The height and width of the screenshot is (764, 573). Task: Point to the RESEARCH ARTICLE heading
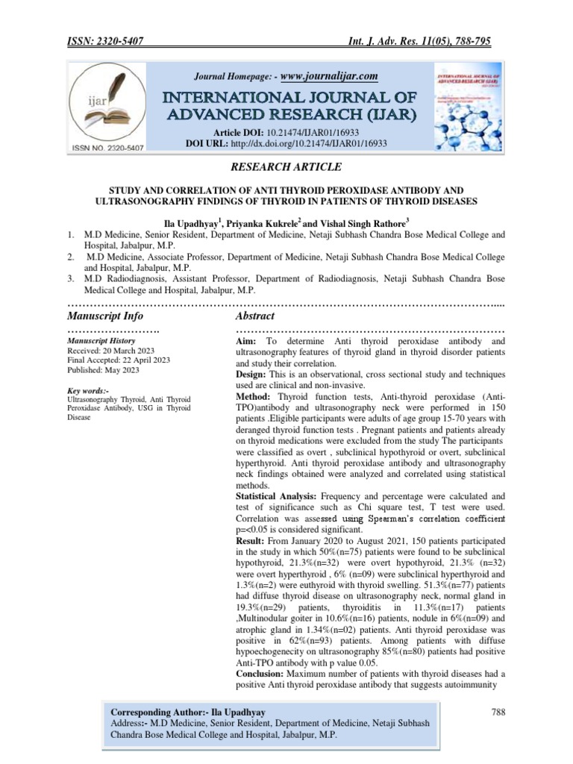pos(286,176)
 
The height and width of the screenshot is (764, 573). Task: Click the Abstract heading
pos(257,316)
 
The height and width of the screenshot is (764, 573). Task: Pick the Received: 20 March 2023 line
pos(111,350)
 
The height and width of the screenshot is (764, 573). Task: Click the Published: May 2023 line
pos(102,369)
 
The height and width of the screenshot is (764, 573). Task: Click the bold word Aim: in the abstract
pos(249,341)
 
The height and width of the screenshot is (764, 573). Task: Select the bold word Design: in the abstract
pos(254,372)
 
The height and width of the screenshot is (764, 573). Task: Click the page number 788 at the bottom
pos(498,713)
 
